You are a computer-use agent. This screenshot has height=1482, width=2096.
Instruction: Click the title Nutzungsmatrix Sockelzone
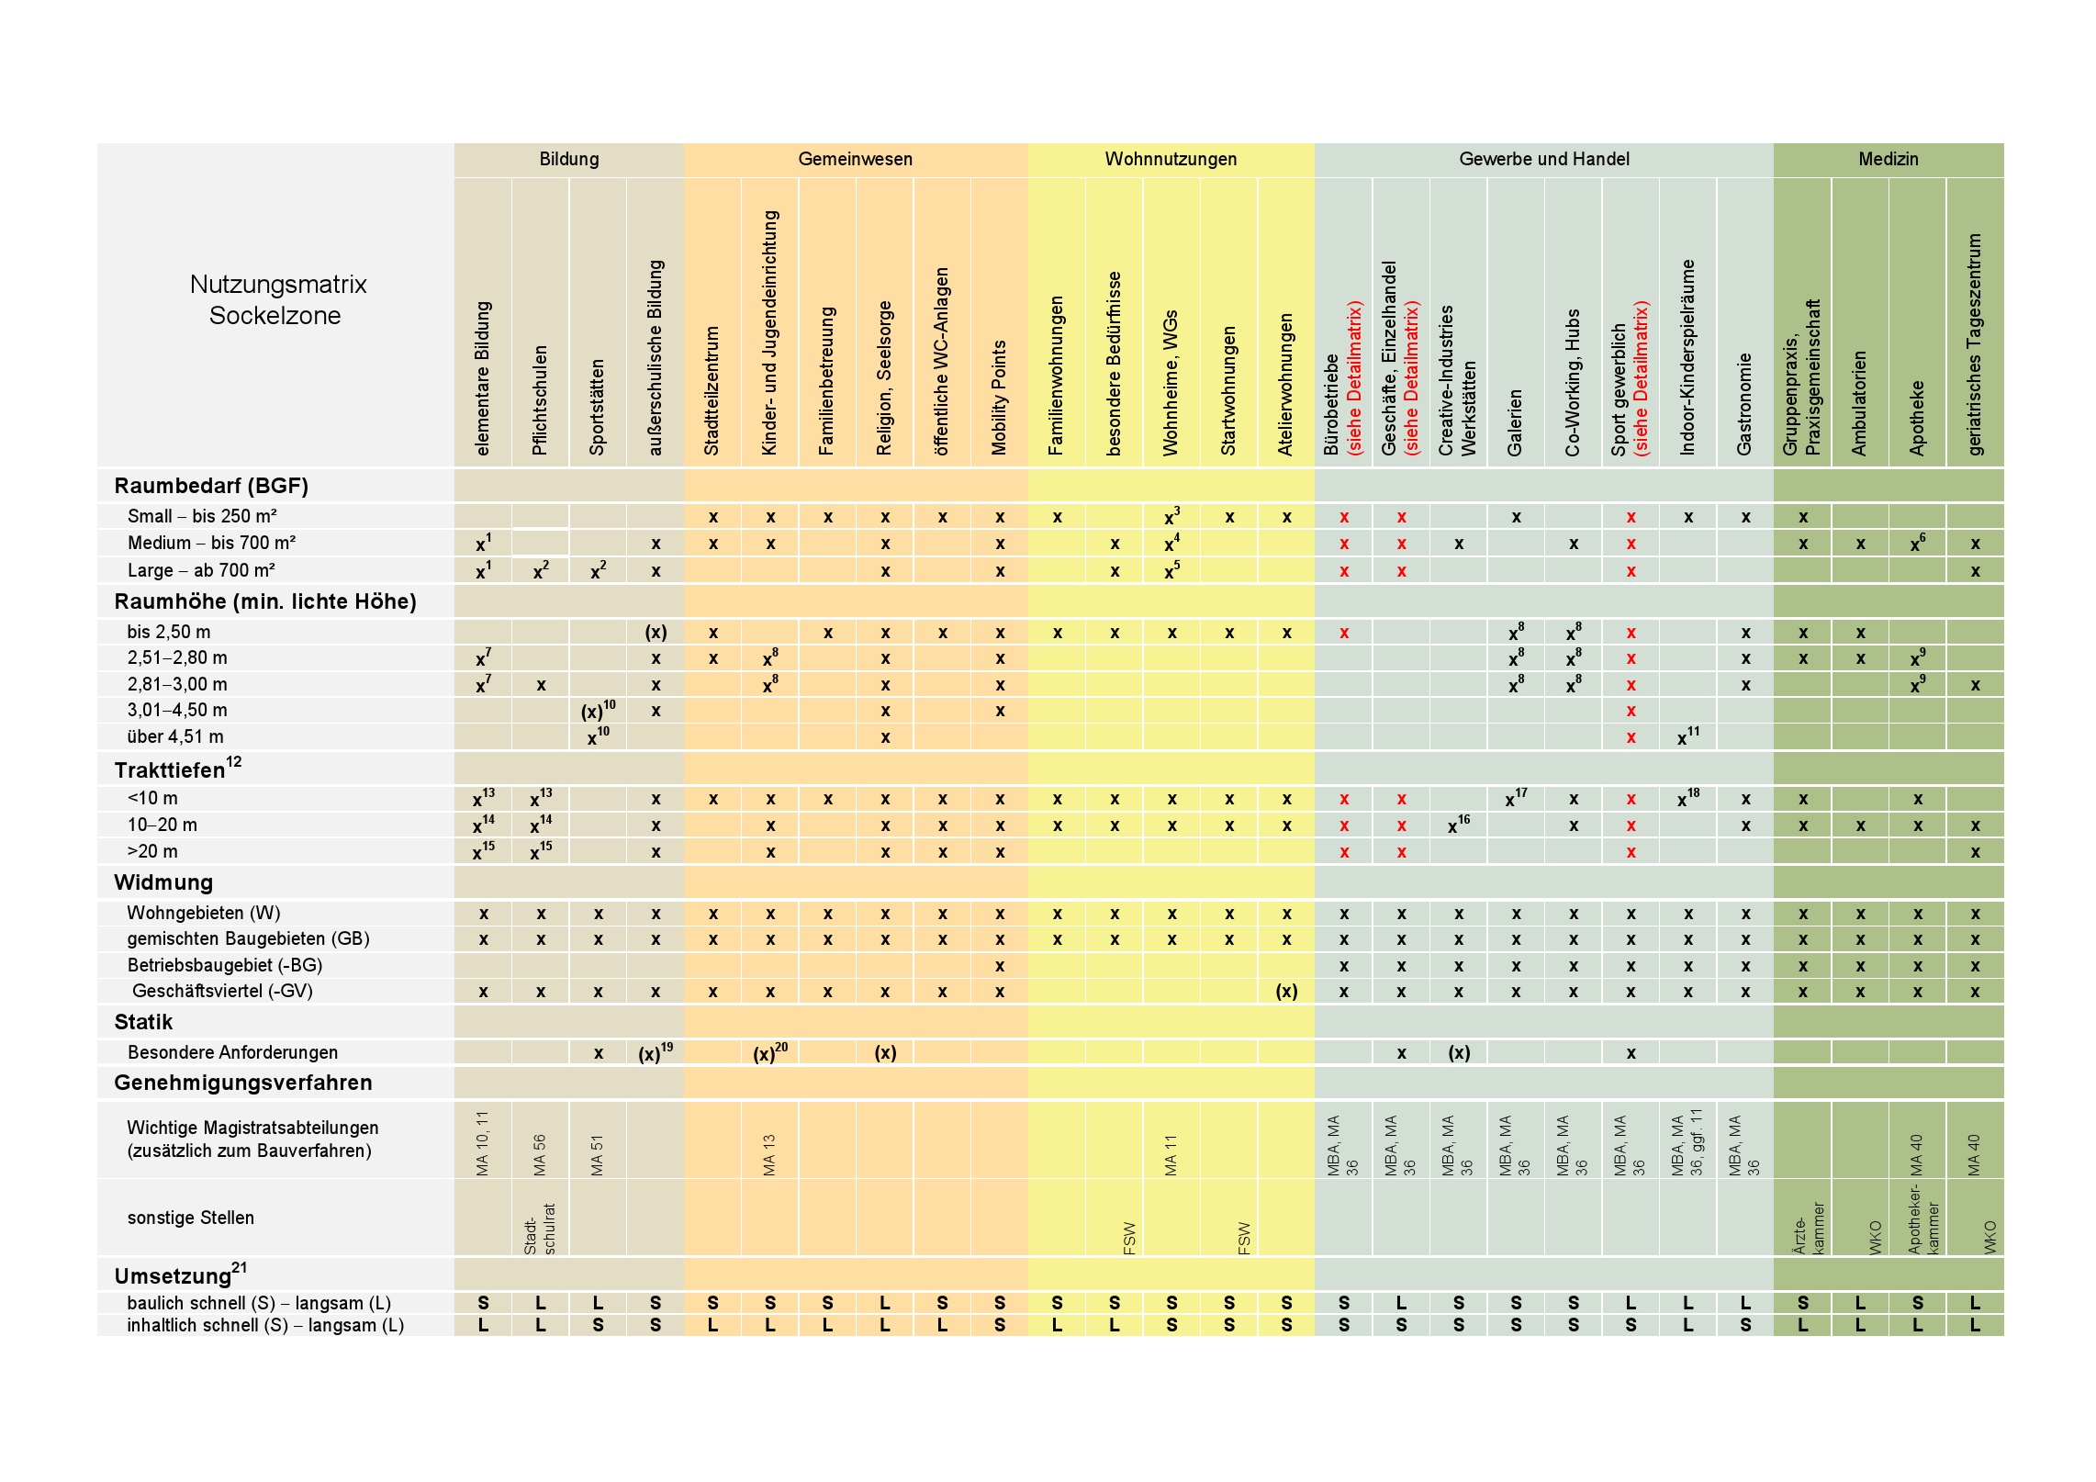276,300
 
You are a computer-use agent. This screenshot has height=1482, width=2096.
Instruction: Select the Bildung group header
568,159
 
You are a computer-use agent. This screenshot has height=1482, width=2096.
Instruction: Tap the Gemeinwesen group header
855,159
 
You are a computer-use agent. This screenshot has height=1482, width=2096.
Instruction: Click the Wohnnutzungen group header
1171,159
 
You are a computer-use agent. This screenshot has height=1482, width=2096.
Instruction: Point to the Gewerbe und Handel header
1544,159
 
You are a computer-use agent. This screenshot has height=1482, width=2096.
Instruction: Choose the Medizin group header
1888,159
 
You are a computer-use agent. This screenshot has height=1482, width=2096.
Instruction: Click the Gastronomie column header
1744,404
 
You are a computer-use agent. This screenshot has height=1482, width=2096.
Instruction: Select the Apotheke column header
1917,418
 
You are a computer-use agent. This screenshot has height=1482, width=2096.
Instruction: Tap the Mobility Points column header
999,398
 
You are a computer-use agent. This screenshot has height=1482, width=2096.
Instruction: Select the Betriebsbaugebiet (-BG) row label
225,965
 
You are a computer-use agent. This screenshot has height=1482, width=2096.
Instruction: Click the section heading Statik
143,1022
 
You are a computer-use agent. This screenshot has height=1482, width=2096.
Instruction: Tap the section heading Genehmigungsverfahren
242,1083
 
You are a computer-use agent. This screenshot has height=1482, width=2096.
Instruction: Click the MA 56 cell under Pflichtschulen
540,1154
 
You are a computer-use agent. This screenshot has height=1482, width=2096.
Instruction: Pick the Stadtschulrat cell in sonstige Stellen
540,1229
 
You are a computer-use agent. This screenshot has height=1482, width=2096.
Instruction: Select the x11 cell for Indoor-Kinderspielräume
1687,736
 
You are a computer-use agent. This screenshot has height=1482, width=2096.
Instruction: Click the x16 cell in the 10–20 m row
1458,825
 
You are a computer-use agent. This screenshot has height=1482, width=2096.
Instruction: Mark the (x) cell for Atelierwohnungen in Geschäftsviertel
1286,991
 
